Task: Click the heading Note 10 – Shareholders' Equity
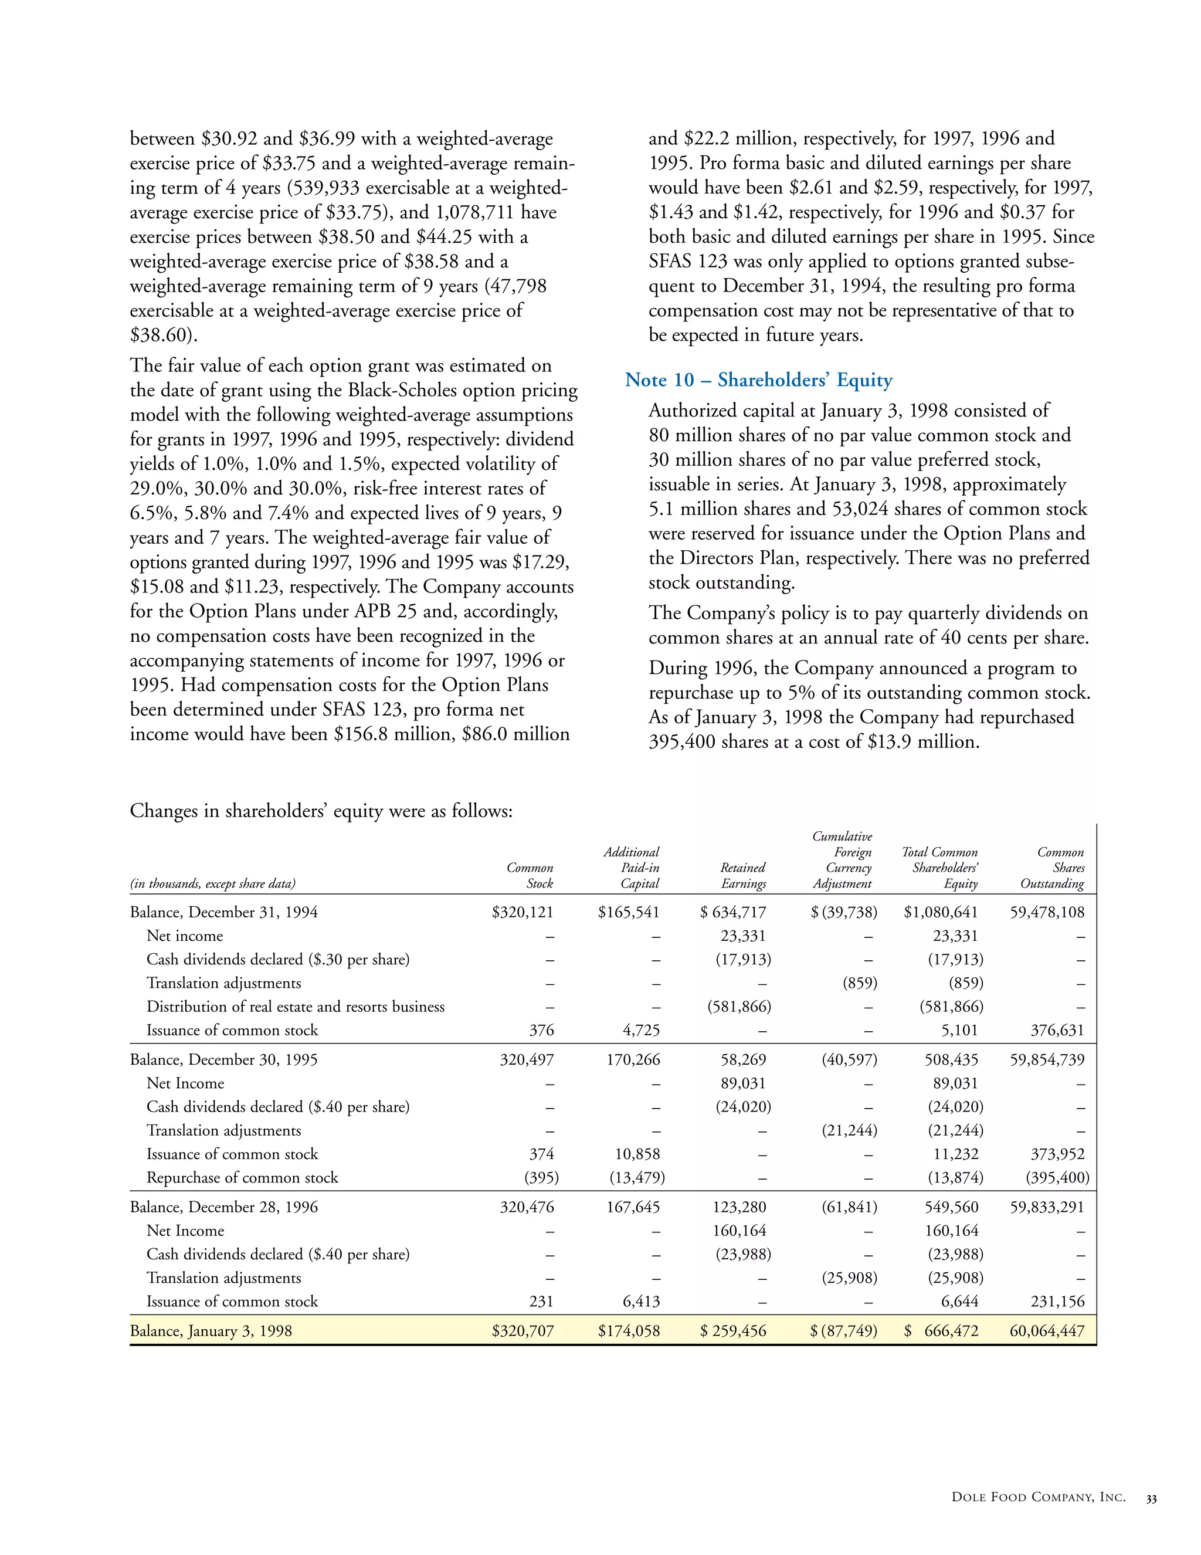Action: (x=758, y=380)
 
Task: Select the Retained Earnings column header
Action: (x=743, y=876)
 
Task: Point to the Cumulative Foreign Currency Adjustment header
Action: (x=842, y=860)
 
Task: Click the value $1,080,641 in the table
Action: (x=941, y=912)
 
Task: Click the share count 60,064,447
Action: (x=1047, y=1332)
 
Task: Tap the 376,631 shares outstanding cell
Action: (x=1058, y=1030)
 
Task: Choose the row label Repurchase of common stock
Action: (x=242, y=1178)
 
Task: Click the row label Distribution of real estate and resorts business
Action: (x=296, y=1007)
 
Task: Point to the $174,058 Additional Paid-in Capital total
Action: (x=629, y=1332)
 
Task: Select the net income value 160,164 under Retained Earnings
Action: (x=739, y=1230)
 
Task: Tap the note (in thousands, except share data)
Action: (x=212, y=883)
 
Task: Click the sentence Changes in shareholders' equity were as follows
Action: (x=321, y=811)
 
